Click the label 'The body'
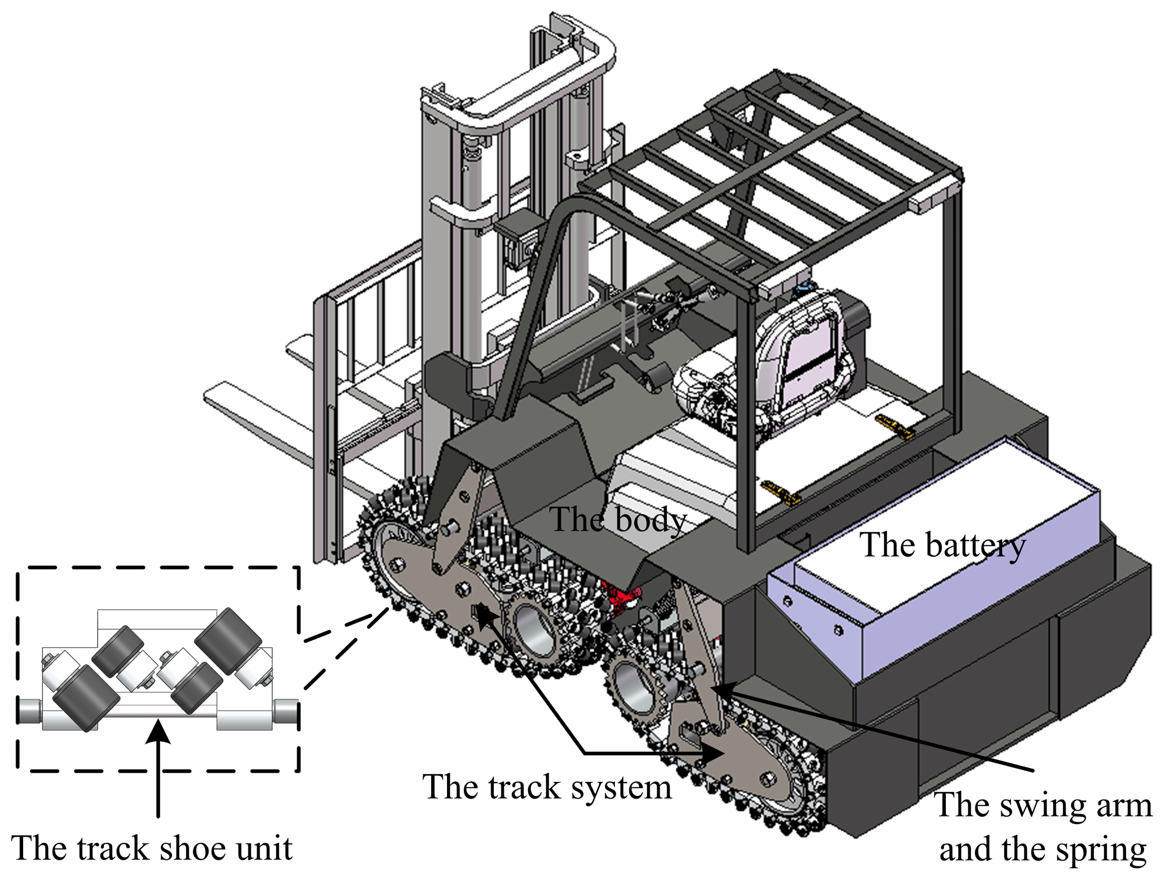coord(618,519)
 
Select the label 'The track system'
coord(547,786)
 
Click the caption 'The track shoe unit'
coord(152,847)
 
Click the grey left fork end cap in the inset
coord(28,711)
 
